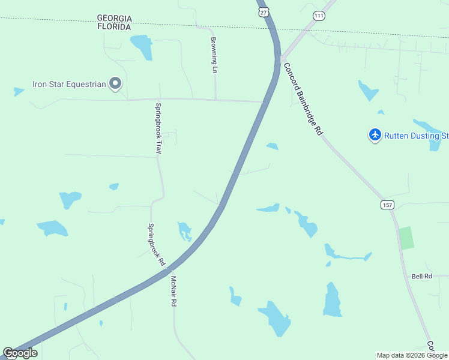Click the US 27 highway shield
(262, 11)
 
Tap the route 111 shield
(319, 16)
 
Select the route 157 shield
(387, 205)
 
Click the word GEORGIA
(114, 19)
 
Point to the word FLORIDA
(114, 27)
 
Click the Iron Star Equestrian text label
(69, 84)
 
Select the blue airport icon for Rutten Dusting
(375, 135)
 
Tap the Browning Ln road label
(214, 55)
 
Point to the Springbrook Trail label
(158, 128)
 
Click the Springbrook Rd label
(156, 245)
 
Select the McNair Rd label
(173, 292)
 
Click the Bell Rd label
(422, 276)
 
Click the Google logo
(20, 353)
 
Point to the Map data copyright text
(412, 355)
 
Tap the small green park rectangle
(406, 238)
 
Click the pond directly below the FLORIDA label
(142, 47)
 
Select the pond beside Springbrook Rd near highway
(184, 230)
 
